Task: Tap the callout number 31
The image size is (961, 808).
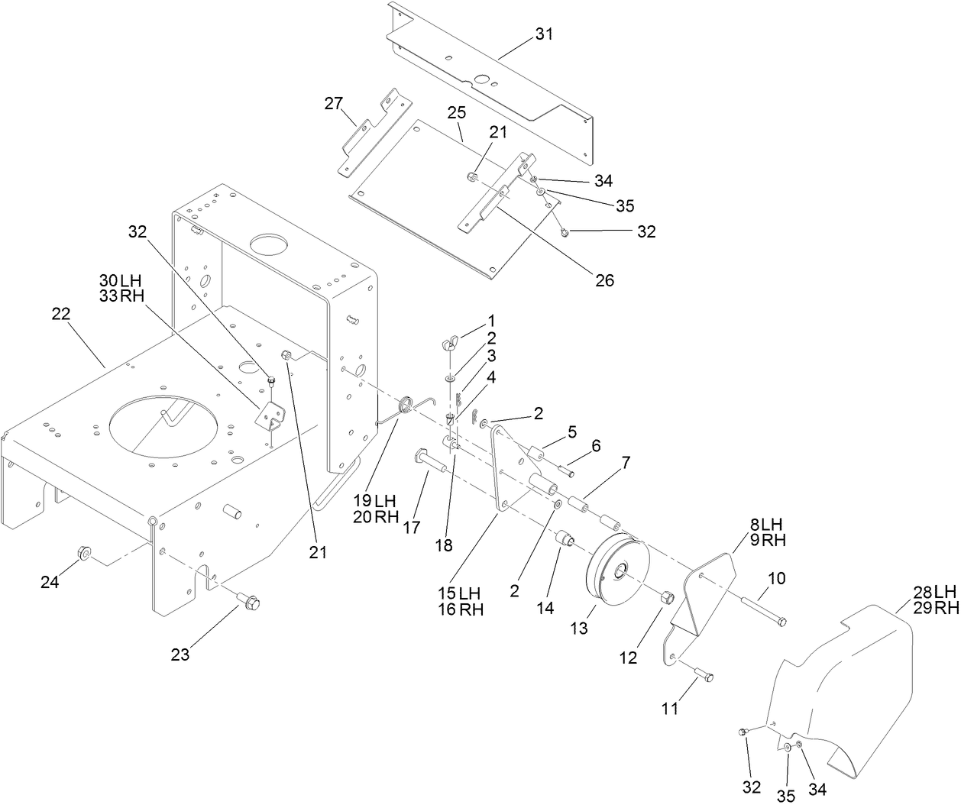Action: tap(545, 34)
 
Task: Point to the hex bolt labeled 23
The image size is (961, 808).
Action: tap(247, 602)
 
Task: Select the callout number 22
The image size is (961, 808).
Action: tap(61, 314)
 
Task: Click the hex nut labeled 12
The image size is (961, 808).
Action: tap(665, 597)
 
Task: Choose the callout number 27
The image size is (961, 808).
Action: tap(334, 104)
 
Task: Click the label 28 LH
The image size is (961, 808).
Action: tap(933, 592)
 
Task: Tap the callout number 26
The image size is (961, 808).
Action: tap(604, 280)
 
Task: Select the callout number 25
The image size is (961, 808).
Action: tap(456, 113)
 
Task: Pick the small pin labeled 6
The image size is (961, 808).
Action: tap(566, 470)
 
